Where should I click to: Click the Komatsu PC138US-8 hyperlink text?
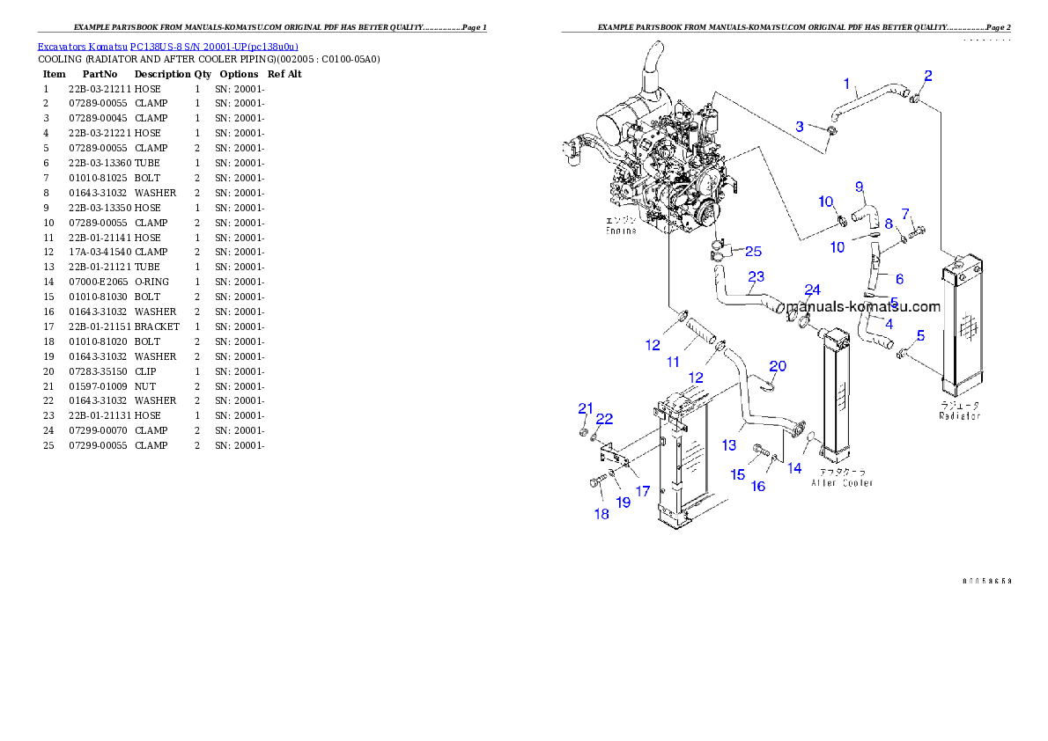[167, 47]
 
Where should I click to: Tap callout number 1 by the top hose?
[847, 84]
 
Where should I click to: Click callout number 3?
[800, 127]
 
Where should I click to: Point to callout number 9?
[860, 186]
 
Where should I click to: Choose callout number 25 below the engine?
[753, 252]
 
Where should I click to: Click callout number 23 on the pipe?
[756, 276]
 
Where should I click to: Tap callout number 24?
[812, 290]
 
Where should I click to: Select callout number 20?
[778, 366]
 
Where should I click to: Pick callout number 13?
[729, 445]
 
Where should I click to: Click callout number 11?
[673, 362]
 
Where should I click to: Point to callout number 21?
[586, 407]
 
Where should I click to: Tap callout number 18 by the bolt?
[601, 514]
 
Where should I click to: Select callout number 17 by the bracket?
[643, 491]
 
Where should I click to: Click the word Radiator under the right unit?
[959, 415]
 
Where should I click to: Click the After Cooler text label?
[842, 482]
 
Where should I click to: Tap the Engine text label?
[620, 231]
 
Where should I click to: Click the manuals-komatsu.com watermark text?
[862, 307]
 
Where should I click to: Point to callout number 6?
[899, 279]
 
